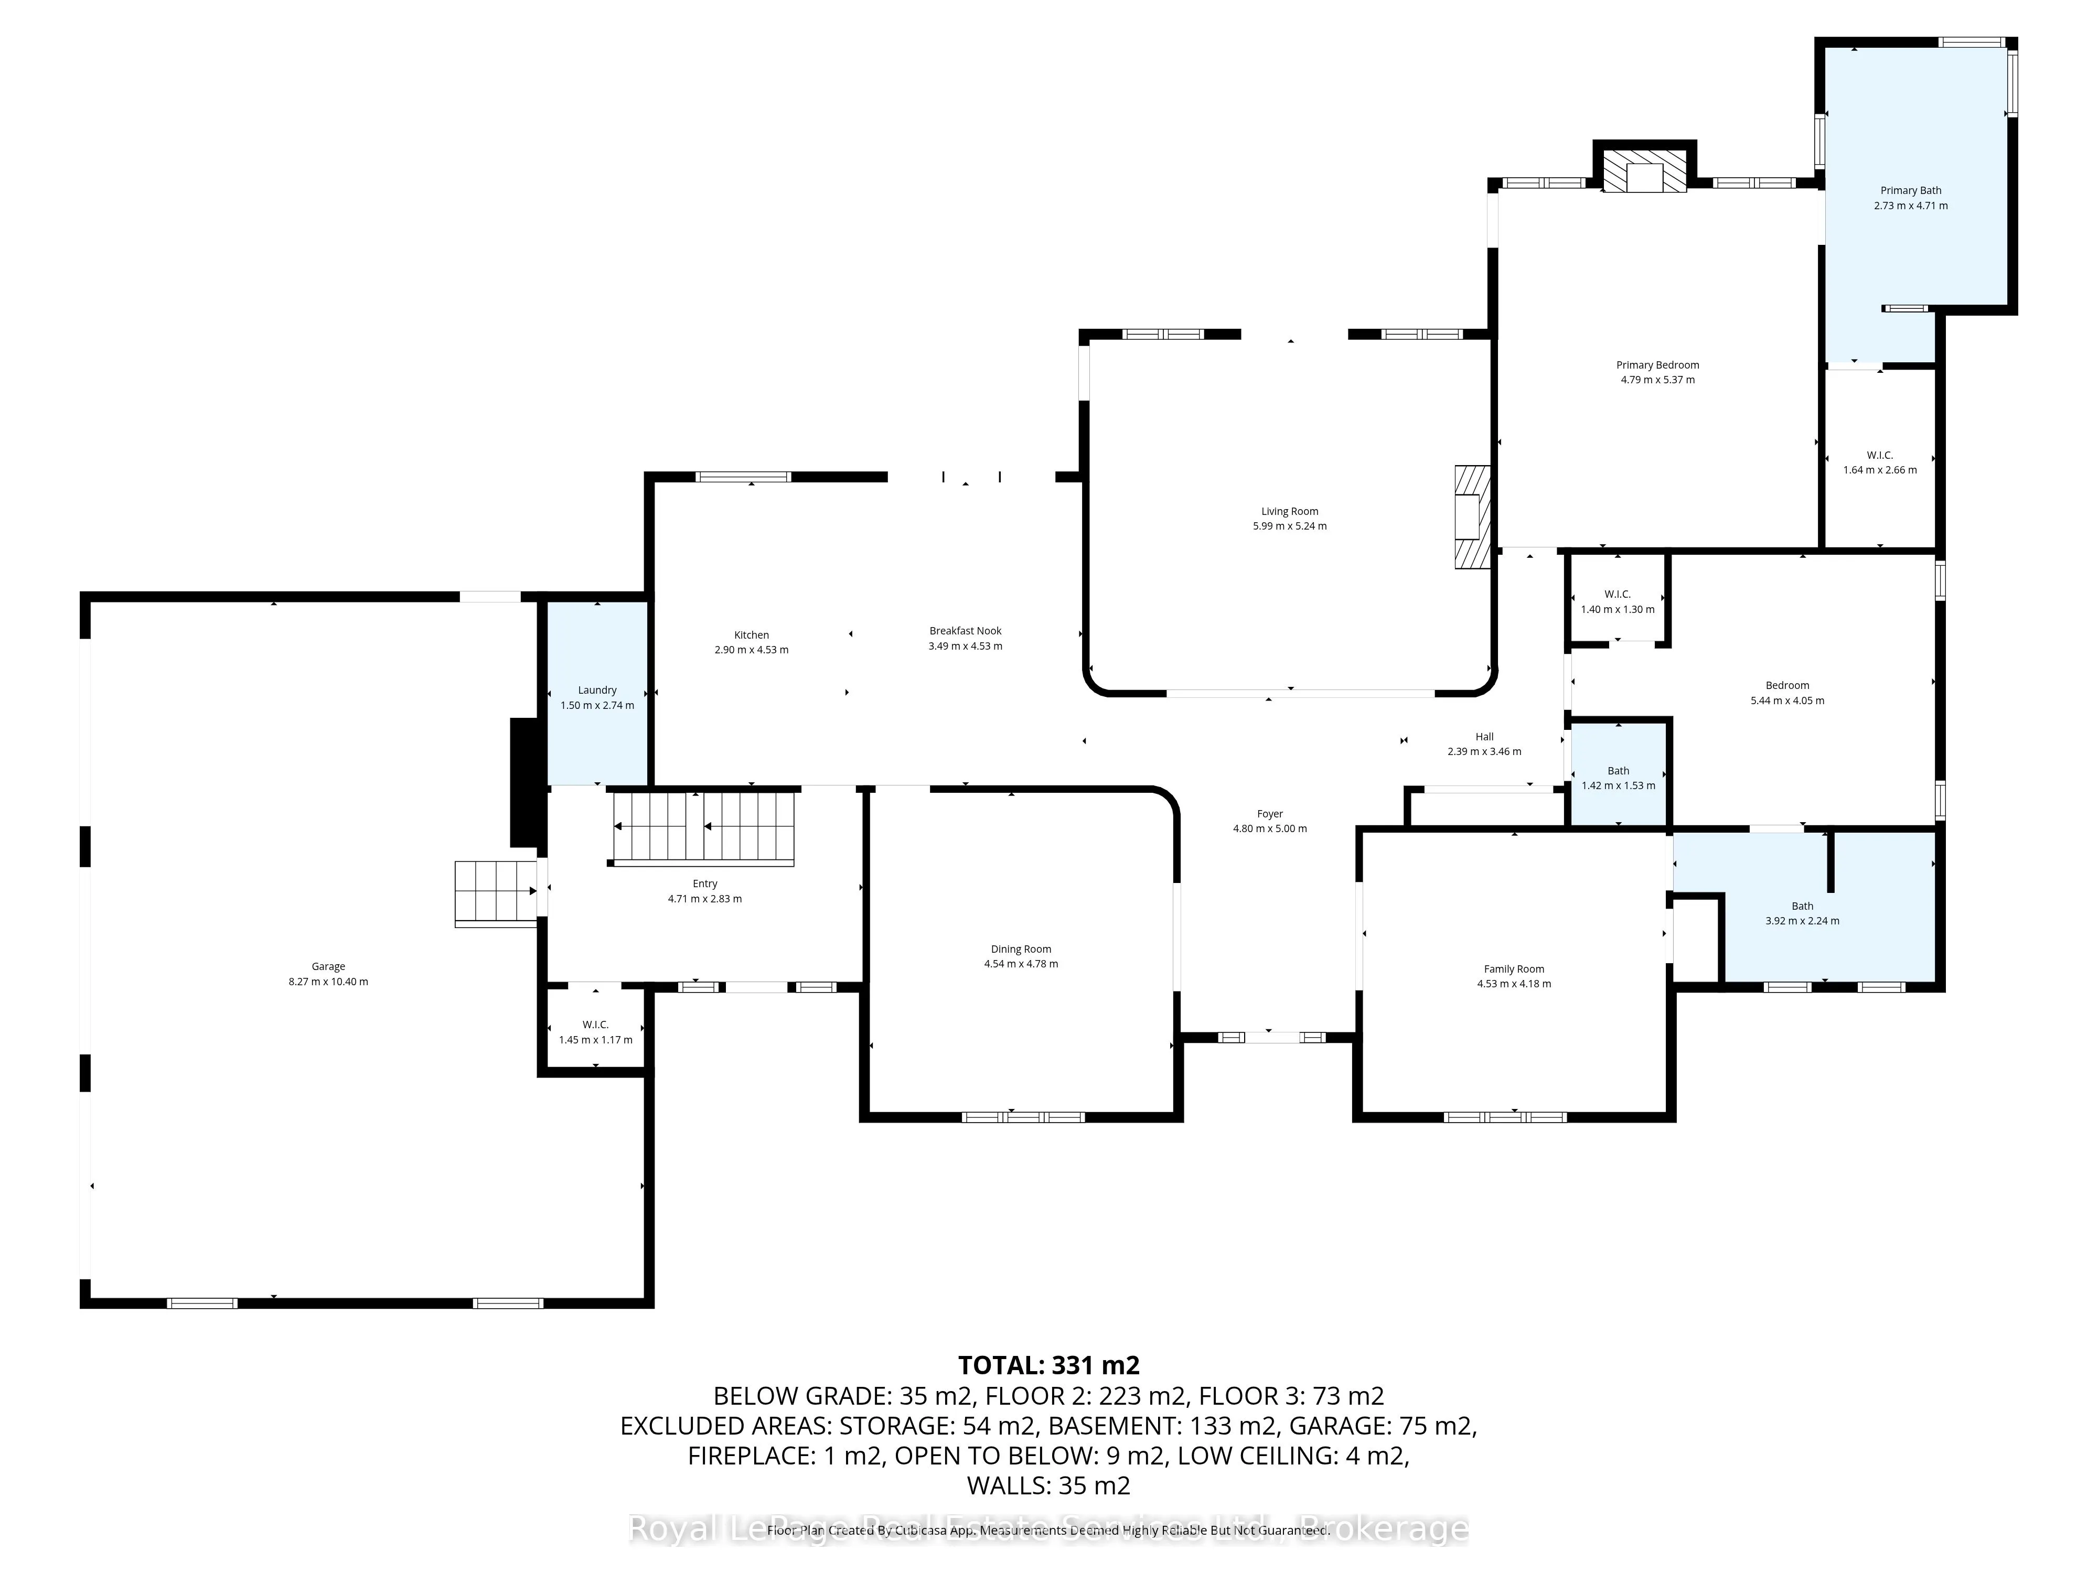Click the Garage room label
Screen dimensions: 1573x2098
(328, 966)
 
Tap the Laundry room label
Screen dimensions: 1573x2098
(597, 690)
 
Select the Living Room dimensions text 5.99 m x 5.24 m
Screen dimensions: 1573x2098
(1289, 526)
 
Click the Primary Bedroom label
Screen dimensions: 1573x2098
(1657, 365)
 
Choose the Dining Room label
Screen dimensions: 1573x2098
(1021, 949)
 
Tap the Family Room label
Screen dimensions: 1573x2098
(1514, 969)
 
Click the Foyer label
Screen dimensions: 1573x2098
(1269, 814)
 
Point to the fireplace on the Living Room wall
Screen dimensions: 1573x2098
(1472, 517)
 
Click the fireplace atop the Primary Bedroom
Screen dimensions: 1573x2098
(1644, 170)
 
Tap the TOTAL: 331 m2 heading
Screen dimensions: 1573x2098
(1048, 1365)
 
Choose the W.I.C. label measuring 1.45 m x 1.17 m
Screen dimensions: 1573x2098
(596, 1025)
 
